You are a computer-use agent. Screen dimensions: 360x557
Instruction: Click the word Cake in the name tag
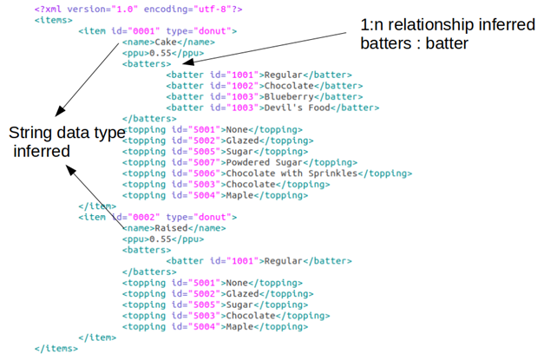point(162,41)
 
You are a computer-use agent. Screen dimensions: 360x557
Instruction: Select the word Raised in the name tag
point(168,228)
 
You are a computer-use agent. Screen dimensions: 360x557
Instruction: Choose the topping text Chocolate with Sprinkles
point(292,173)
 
